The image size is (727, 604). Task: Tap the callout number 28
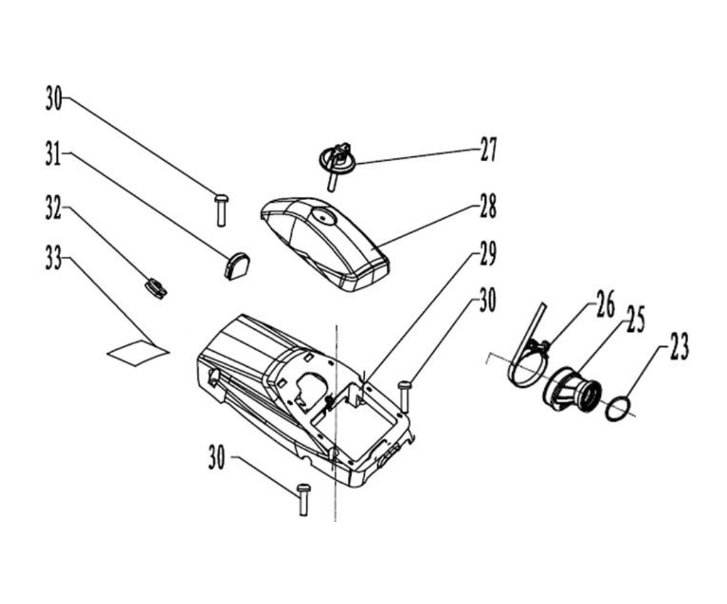point(488,206)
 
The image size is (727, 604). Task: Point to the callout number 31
point(53,153)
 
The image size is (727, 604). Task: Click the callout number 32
point(53,207)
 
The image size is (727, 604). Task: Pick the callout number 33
point(53,258)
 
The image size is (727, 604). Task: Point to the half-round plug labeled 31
point(237,266)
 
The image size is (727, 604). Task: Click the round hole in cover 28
point(323,216)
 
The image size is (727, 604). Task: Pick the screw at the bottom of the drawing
point(303,500)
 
